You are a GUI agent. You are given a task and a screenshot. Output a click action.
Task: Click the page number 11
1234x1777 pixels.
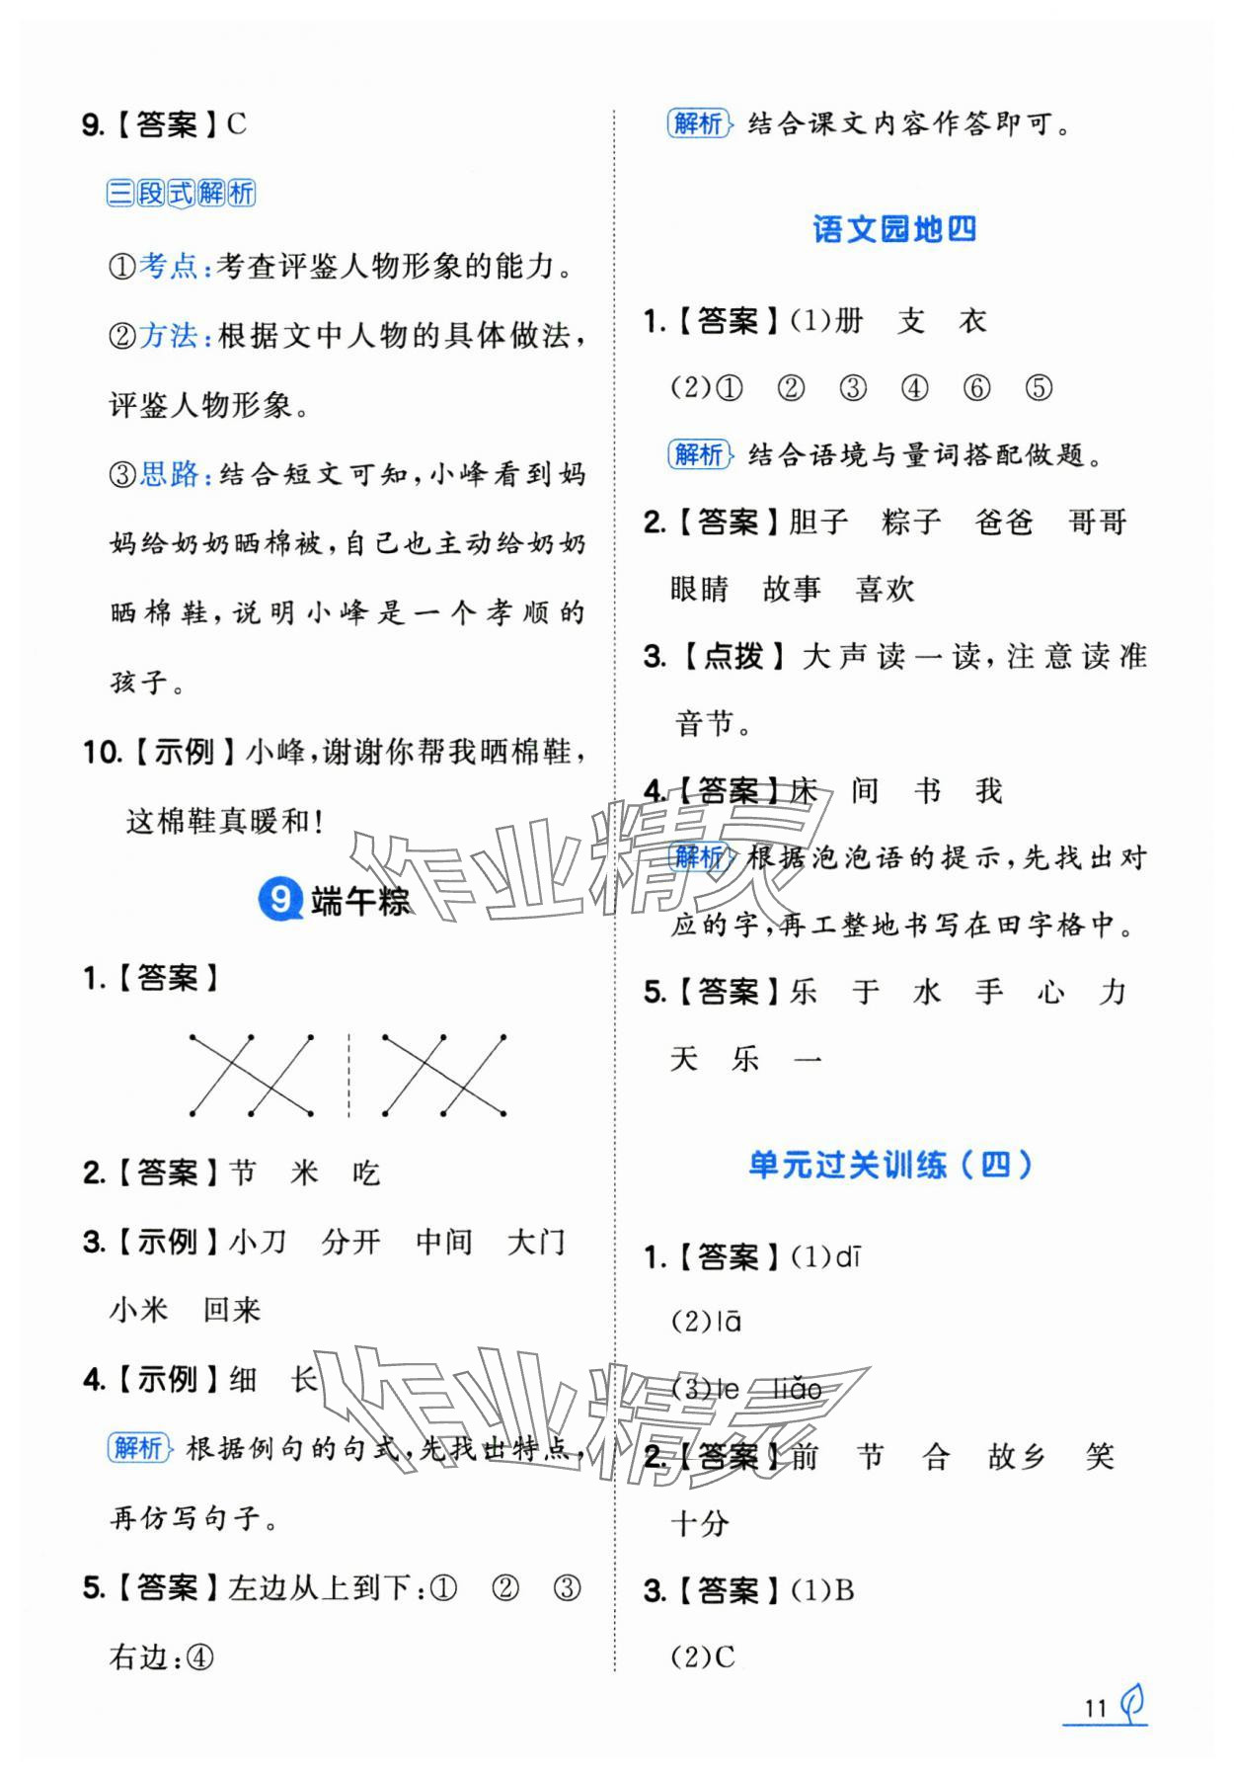(x=1094, y=1708)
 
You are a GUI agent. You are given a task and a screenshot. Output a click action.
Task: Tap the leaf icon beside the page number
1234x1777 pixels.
(x=1132, y=1703)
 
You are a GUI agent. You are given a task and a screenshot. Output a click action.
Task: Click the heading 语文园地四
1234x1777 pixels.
(x=894, y=229)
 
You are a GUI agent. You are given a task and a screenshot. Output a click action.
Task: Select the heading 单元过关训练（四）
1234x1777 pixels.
(x=890, y=1166)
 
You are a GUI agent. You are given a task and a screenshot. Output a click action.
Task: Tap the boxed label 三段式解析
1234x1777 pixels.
(x=181, y=193)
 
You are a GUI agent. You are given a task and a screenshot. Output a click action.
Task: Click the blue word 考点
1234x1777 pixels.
(x=169, y=267)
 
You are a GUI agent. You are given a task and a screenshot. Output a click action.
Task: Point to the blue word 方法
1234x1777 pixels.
(x=169, y=336)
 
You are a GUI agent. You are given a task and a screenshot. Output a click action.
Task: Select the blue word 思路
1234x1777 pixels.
(x=169, y=474)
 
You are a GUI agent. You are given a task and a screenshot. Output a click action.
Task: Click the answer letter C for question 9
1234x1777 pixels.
(x=236, y=124)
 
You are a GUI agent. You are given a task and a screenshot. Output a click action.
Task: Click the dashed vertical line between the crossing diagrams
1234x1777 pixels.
(x=348, y=1075)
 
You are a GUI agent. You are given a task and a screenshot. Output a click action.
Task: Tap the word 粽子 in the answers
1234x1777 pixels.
(x=911, y=522)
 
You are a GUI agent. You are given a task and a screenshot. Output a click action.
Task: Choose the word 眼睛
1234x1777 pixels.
(x=699, y=590)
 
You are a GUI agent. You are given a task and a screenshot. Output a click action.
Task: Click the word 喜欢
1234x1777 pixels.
(x=885, y=590)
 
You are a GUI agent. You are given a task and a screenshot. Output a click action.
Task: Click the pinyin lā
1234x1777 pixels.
(x=729, y=1322)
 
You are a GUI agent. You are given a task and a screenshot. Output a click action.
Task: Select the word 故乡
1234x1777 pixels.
(x=1016, y=1457)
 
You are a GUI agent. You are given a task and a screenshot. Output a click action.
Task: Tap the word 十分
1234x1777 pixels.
(x=699, y=1523)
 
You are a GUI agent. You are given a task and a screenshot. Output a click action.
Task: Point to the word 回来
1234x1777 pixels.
(x=232, y=1311)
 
